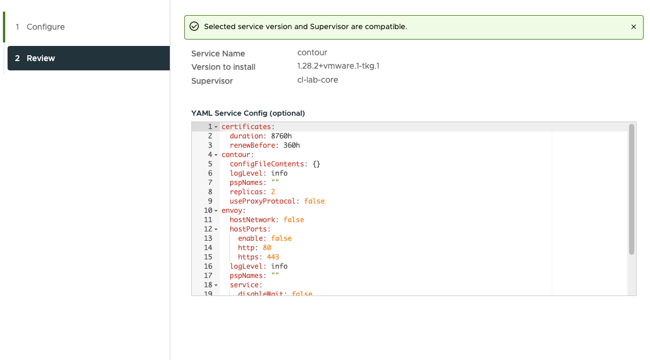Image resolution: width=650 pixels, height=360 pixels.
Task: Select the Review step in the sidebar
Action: [88, 58]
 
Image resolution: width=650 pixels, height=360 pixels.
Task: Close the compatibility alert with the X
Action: [633, 27]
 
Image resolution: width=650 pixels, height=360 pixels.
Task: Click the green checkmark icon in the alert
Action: [194, 27]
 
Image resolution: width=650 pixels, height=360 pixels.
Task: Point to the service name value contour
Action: [312, 53]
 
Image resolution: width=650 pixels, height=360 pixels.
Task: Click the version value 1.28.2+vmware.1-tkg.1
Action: [338, 66]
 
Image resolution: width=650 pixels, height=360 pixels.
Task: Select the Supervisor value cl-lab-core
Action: [317, 80]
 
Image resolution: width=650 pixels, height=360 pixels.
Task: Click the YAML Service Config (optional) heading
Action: [248, 113]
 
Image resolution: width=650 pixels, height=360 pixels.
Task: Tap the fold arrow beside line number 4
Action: [216, 155]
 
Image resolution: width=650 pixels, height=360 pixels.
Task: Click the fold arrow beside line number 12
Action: [216, 229]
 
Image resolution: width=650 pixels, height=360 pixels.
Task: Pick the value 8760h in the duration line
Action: [281, 136]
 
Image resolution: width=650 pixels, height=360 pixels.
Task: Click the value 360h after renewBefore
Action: [291, 145]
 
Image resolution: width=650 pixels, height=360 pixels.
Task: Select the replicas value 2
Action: [273, 191]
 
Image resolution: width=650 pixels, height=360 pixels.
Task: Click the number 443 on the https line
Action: [273, 256]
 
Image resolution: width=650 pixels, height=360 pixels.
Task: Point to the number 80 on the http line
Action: [267, 248]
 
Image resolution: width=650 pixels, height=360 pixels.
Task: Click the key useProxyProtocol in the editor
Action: [262, 201]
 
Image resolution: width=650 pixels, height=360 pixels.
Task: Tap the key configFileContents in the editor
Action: [266, 164]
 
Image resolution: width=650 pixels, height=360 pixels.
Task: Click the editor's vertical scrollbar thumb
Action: [631, 189]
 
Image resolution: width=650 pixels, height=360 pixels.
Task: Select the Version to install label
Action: [223, 67]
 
